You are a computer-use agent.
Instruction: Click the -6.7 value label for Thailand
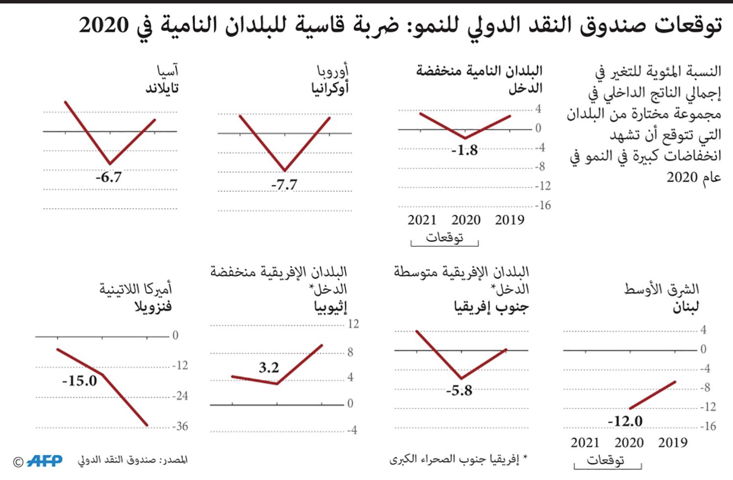(x=108, y=177)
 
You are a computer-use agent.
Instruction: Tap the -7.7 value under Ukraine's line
(x=284, y=185)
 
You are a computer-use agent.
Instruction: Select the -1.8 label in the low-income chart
(x=464, y=150)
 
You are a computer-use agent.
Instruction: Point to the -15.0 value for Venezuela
(x=79, y=380)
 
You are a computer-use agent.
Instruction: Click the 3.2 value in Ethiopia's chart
(x=269, y=367)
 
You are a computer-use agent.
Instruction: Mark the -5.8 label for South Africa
(x=459, y=390)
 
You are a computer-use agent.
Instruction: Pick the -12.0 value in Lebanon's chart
(x=625, y=421)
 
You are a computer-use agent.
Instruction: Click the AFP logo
(x=45, y=461)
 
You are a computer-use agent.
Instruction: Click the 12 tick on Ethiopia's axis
(x=353, y=324)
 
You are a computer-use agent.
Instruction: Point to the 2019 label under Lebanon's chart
(x=672, y=443)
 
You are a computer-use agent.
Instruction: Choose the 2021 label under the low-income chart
(x=421, y=220)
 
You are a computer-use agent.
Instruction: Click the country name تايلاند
(x=162, y=89)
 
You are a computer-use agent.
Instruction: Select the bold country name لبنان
(x=685, y=307)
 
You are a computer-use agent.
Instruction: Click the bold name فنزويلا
(x=153, y=307)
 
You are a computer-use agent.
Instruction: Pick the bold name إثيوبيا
(x=330, y=307)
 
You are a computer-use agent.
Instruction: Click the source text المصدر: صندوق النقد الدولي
(x=132, y=460)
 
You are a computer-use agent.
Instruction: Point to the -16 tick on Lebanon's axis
(x=708, y=426)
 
